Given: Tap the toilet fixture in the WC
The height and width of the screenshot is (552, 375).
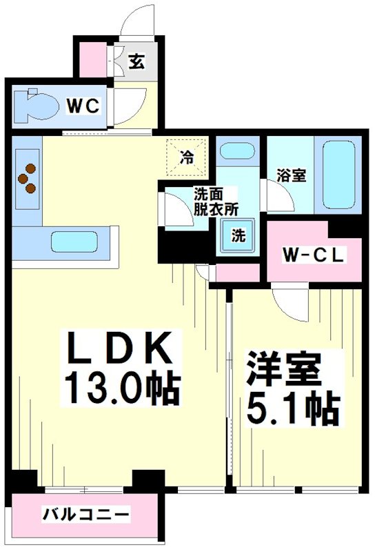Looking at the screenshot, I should click(37, 106).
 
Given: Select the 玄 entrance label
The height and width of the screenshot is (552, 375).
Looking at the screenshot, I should click(136, 62).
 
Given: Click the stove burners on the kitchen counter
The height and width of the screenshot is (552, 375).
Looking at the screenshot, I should click(28, 177).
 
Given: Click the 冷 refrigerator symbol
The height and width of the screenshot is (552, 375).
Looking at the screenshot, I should click(186, 157).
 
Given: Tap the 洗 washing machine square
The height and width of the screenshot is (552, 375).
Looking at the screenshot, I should click(237, 235).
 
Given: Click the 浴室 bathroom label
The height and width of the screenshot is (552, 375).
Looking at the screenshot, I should click(290, 176).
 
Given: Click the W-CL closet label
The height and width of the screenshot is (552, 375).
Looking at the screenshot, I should click(314, 255).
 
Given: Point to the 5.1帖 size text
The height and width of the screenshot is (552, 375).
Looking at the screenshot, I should click(293, 409).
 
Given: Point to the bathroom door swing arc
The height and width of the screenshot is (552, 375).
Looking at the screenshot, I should click(278, 197).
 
